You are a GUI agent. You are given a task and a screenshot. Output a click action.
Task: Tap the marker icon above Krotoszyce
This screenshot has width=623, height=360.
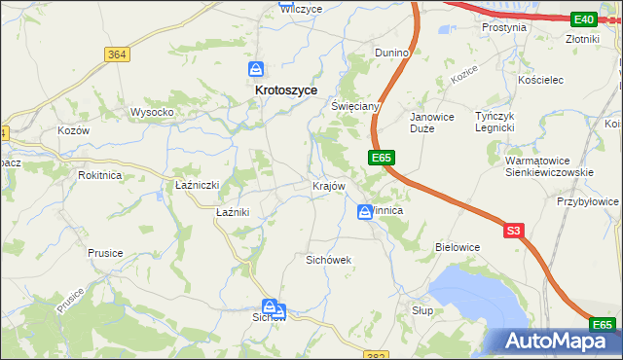(x=255, y=69)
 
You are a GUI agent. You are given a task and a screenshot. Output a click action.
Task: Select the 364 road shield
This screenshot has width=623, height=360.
(x=117, y=54)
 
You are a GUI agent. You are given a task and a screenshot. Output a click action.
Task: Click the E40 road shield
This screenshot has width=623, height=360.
(x=584, y=19)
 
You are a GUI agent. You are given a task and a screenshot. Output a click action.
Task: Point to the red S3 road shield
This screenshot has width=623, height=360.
(x=514, y=231)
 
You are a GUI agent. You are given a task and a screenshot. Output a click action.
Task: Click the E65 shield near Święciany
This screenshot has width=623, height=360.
(x=381, y=157)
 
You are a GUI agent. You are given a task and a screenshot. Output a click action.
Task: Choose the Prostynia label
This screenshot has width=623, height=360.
(x=504, y=27)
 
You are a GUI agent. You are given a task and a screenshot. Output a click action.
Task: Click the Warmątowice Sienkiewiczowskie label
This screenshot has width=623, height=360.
(x=550, y=166)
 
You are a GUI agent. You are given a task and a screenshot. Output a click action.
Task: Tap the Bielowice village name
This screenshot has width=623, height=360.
(x=458, y=247)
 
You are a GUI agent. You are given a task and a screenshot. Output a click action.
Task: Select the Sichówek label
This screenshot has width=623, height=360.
(x=328, y=260)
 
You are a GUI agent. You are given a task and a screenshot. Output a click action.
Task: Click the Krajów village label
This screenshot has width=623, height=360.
(x=328, y=186)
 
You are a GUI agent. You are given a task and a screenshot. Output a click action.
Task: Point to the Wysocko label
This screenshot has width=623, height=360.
(x=152, y=112)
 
